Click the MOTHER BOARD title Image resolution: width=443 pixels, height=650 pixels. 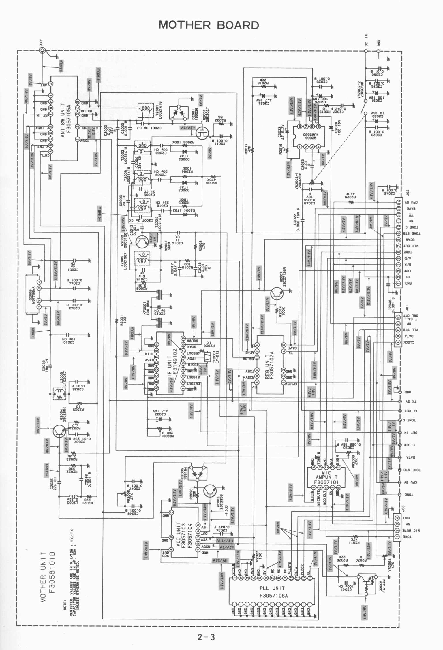click(x=209, y=25)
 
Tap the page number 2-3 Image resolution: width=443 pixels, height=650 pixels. click(x=206, y=636)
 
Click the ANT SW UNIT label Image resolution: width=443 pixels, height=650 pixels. click(x=63, y=120)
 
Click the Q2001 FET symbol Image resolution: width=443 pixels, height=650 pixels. click(x=203, y=133)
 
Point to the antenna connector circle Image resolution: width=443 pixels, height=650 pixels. click(x=42, y=51)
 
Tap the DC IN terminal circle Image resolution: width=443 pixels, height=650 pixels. click(x=366, y=51)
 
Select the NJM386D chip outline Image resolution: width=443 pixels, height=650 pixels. click(x=309, y=136)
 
